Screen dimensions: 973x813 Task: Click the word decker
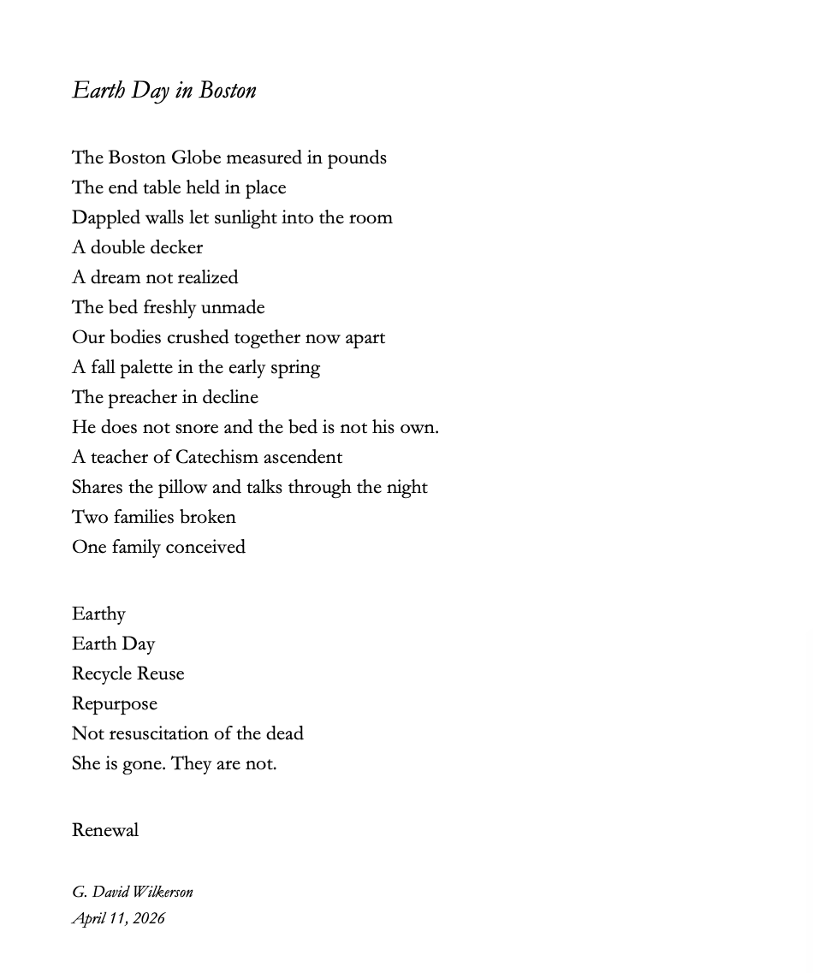click(x=174, y=248)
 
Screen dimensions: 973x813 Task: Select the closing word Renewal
click(x=105, y=831)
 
